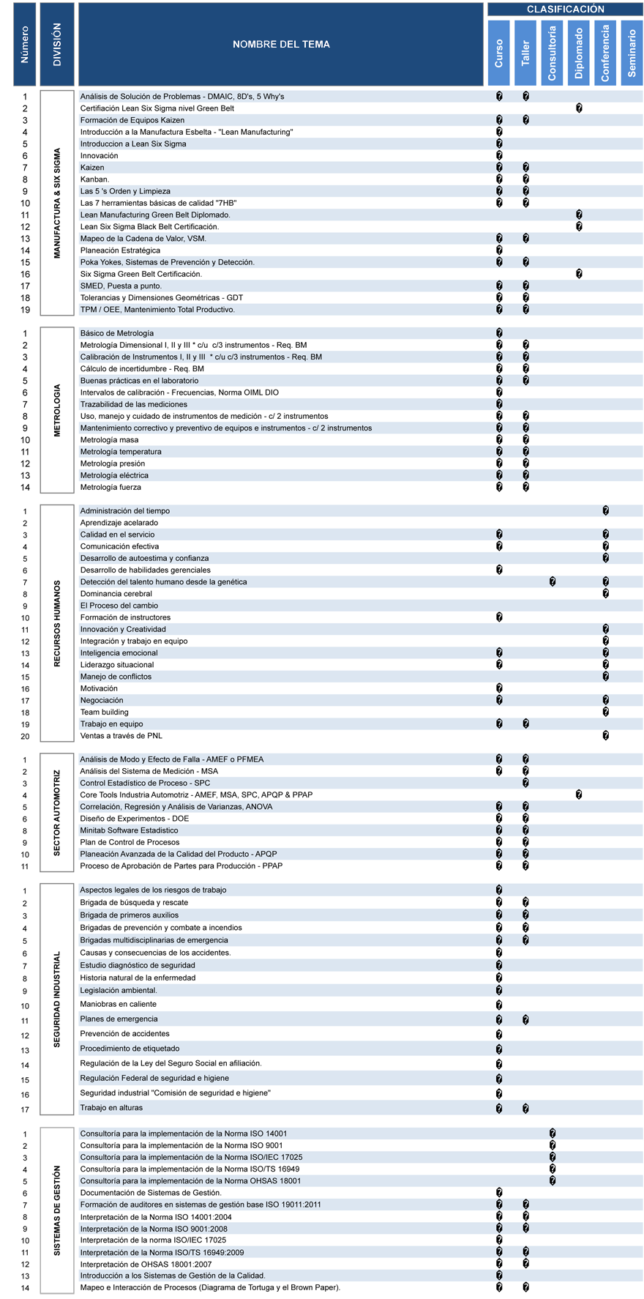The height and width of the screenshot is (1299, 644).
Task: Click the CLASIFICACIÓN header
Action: tap(565, 10)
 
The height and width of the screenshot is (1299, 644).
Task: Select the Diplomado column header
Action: tap(579, 53)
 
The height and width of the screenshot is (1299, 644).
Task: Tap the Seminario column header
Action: tap(632, 53)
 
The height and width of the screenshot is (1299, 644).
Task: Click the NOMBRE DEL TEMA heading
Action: tap(281, 45)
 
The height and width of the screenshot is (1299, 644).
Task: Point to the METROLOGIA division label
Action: tap(57, 410)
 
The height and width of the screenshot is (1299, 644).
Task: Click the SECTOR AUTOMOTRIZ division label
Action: tap(57, 813)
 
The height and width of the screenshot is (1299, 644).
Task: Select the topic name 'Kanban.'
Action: tap(94, 179)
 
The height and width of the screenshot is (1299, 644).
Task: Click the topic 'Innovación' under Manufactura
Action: tap(99, 156)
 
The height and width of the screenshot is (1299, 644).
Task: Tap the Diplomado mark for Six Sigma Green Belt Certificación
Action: tap(579, 274)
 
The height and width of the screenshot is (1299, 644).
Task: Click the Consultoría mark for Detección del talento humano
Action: tap(553, 582)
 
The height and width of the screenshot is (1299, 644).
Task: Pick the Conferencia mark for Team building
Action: tap(606, 712)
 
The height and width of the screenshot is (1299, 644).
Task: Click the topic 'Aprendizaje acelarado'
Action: tap(119, 523)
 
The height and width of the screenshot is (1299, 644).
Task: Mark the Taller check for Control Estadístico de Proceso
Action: tap(525, 784)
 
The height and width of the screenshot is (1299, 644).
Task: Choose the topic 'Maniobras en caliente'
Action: tap(118, 1004)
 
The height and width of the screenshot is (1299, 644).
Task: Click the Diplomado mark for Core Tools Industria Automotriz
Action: tap(579, 795)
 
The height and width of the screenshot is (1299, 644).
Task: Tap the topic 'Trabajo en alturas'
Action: tap(111, 1108)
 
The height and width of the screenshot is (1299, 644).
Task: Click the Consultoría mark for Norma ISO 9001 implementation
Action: tap(553, 1145)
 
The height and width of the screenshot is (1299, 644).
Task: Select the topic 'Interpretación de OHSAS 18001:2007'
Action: tap(146, 1264)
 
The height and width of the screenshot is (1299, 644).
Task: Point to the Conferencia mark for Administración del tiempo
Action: tap(606, 511)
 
